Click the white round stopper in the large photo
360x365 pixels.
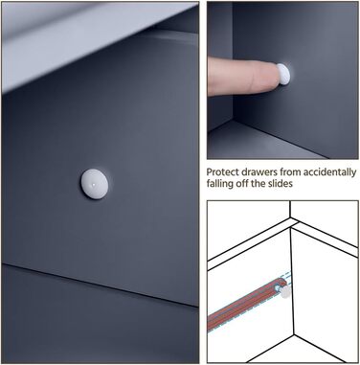(94, 184)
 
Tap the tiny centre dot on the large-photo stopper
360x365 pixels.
(93, 184)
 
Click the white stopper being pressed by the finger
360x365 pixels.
(283, 74)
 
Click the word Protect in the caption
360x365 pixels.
(222, 172)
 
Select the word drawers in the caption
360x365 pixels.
(259, 172)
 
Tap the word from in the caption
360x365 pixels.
(290, 172)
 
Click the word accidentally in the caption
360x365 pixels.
(329, 172)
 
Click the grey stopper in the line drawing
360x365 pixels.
(284, 292)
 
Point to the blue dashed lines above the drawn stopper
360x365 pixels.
(284, 277)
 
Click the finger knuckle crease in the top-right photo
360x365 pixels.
(252, 77)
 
